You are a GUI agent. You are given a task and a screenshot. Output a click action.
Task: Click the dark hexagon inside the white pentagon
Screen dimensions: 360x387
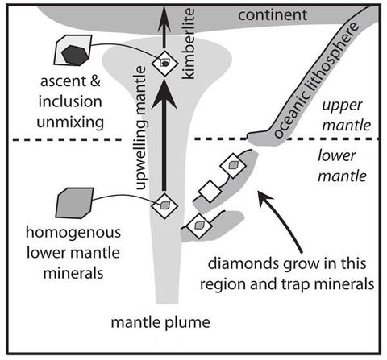coord(73,53)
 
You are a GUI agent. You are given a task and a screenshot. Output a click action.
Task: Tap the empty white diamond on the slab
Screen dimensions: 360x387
coord(210,191)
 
